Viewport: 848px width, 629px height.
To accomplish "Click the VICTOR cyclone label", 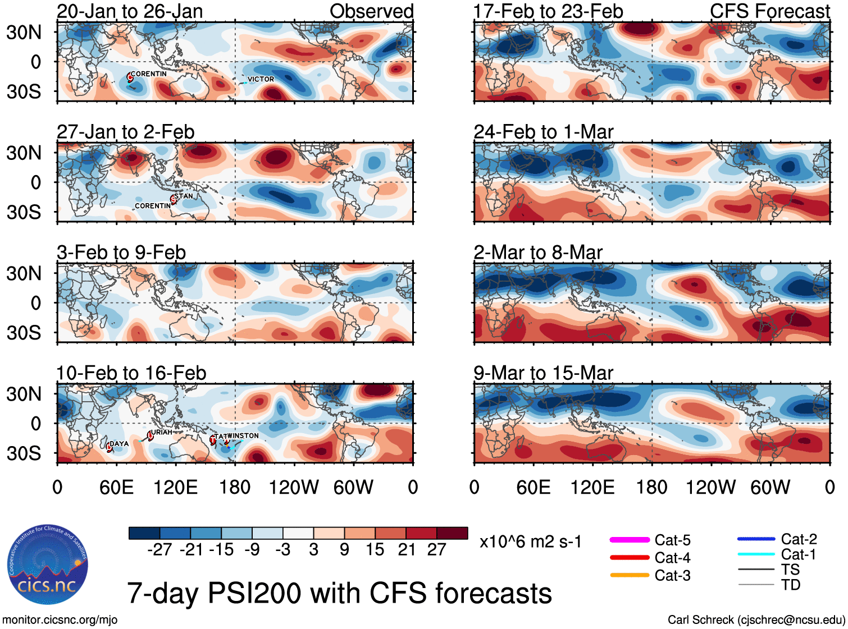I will pos(261,79).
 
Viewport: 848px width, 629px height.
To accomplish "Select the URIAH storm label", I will pos(162,432).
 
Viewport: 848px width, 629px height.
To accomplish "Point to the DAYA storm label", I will pos(119,443).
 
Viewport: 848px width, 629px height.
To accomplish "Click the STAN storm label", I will pos(184,196).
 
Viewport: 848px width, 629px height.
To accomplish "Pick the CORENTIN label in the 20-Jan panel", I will pos(149,74).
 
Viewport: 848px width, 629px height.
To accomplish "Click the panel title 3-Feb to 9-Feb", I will pos(121,252).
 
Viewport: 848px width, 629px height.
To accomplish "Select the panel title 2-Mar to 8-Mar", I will pos(538,252).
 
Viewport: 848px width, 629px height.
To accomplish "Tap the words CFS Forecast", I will pos(769,11).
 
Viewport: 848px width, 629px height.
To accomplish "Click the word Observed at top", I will pos(371,11).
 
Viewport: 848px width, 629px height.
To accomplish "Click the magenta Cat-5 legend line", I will pos(630,540).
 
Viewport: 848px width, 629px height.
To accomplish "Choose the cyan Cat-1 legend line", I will pos(756,554).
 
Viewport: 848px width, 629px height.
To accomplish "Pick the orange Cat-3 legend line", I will pos(630,575).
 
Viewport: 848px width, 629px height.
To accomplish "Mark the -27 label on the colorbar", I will pos(159,549).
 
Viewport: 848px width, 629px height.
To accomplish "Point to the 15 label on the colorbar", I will pos(375,549).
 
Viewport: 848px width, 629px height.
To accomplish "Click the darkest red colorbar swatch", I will pos(452,533).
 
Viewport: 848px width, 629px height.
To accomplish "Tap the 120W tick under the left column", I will pos(294,487).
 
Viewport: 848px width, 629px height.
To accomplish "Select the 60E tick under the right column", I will pos(533,487).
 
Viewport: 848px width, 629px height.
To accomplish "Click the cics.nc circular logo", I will pos(48,565).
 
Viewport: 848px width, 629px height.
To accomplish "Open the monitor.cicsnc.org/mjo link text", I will pos(60,620).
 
